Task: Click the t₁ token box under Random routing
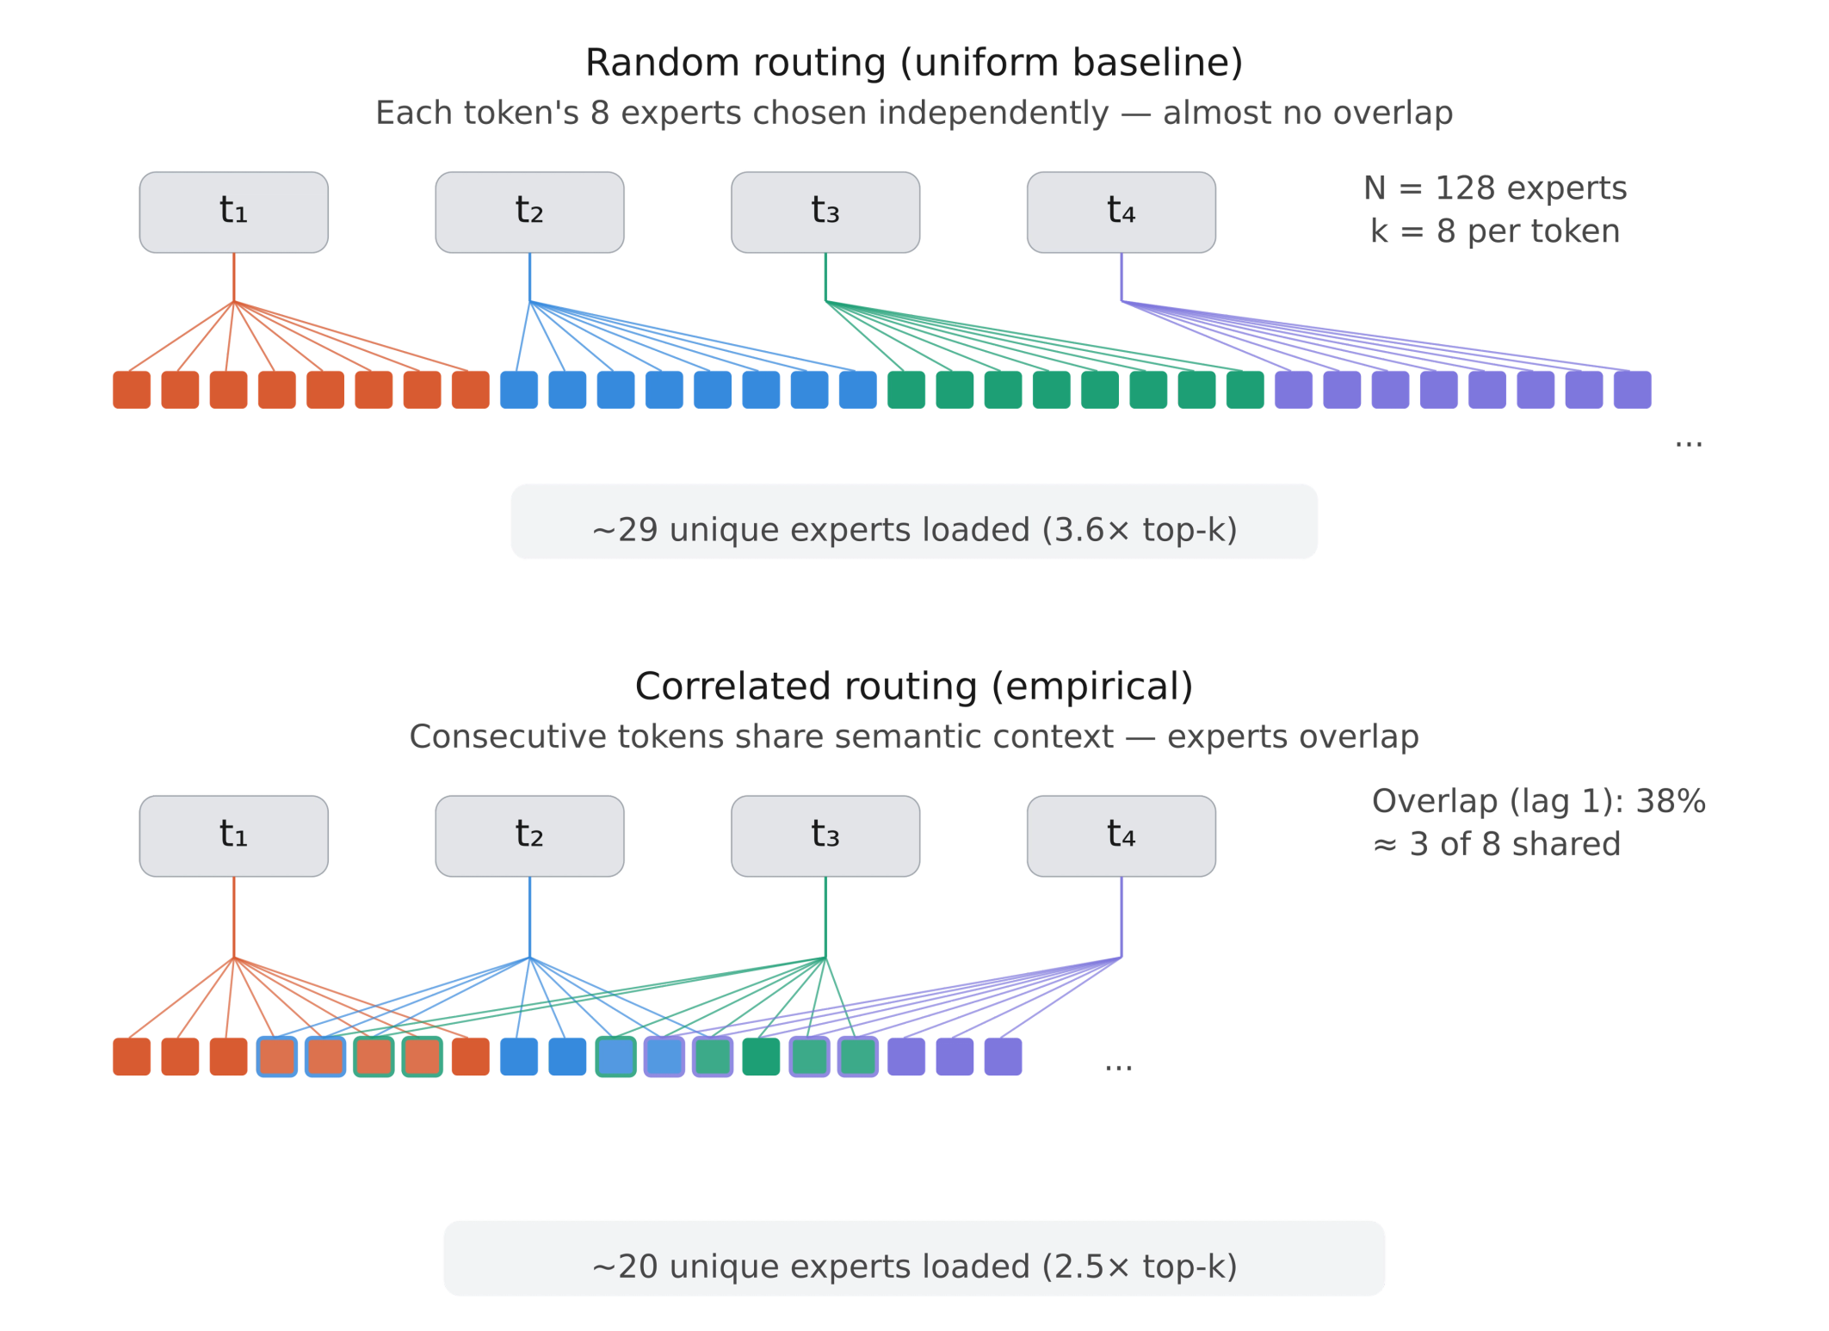[x=233, y=212]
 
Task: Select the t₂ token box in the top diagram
[x=529, y=212]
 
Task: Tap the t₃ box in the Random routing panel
[x=825, y=212]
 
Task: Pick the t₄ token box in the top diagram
[x=1121, y=212]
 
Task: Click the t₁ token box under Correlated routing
[x=233, y=835]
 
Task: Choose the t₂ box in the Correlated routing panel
[x=529, y=835]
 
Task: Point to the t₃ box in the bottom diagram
[x=825, y=835]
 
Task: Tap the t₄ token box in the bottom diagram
[x=1121, y=835]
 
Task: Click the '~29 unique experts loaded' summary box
[x=914, y=523]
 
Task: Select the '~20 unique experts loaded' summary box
[x=914, y=1258]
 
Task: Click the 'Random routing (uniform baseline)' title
[x=914, y=62]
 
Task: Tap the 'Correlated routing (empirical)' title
[x=914, y=687]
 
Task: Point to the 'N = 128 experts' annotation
[x=1495, y=188]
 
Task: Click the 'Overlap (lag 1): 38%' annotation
[x=1538, y=801]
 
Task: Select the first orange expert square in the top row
[x=132, y=389]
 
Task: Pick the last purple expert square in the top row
[x=1632, y=389]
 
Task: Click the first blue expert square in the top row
[x=519, y=389]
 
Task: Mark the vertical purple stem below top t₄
[x=1122, y=278]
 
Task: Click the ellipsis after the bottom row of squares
[x=1118, y=1067]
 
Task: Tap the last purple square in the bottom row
[x=1003, y=1057]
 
